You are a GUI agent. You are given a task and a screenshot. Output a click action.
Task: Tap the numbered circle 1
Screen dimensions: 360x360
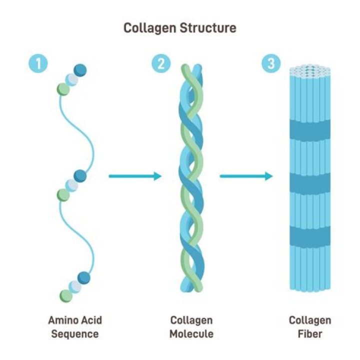point(38,63)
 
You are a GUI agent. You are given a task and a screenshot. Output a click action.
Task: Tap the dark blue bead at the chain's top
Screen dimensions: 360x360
point(79,70)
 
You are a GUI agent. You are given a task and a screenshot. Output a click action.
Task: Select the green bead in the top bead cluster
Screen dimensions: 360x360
point(63,89)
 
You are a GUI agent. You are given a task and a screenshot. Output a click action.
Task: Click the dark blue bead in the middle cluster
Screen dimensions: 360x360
point(80,175)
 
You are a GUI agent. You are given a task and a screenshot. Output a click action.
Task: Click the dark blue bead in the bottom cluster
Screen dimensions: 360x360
point(83,278)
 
